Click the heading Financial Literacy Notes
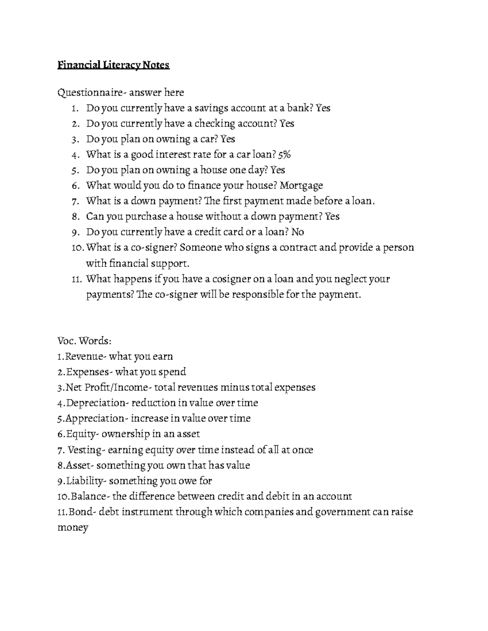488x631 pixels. point(113,65)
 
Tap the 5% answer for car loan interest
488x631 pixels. point(285,154)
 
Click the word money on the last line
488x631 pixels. point(73,528)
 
